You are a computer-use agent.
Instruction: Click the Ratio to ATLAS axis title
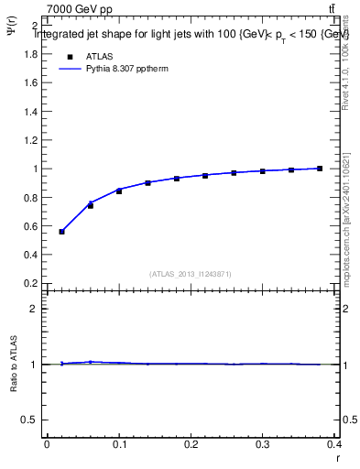15,365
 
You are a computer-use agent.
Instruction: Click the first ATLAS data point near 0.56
61,232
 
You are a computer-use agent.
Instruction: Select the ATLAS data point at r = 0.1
119,191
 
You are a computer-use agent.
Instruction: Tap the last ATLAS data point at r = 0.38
320,169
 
